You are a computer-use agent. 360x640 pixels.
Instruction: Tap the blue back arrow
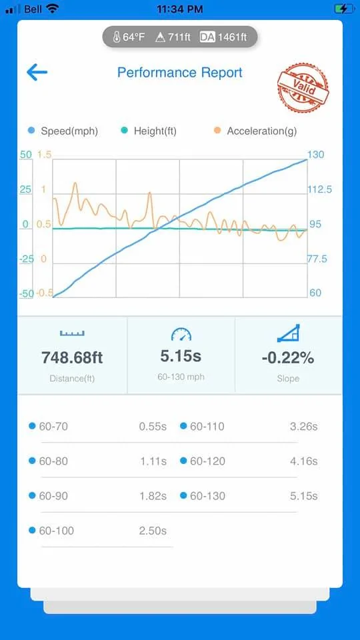[x=37, y=72]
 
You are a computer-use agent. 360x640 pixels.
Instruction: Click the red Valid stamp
[x=303, y=87]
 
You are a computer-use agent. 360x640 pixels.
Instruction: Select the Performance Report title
[x=179, y=73]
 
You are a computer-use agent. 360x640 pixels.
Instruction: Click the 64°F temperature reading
[x=129, y=37]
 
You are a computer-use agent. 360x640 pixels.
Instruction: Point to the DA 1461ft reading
[x=223, y=37]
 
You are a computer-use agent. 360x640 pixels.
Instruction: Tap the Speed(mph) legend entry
[x=64, y=131]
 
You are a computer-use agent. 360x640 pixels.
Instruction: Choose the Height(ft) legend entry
[x=149, y=131]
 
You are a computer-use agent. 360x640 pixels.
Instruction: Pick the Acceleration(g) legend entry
[x=255, y=131]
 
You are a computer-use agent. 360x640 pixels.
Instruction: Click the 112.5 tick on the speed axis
[x=319, y=189]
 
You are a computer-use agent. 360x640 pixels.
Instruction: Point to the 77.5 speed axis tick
[x=317, y=259]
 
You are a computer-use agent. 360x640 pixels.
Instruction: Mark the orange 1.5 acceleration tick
[x=44, y=155]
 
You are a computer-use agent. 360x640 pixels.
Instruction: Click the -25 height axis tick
[x=26, y=259]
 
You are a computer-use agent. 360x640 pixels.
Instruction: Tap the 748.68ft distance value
[x=72, y=357]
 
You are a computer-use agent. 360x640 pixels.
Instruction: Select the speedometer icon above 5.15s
[x=181, y=334]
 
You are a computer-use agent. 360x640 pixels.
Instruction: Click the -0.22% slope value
[x=288, y=358]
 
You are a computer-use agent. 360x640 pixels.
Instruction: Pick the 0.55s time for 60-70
[x=153, y=427]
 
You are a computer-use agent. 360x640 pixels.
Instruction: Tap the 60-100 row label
[x=56, y=531]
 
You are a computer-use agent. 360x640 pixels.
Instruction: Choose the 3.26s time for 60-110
[x=304, y=427]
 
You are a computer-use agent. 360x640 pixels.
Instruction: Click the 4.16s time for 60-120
[x=304, y=461]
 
